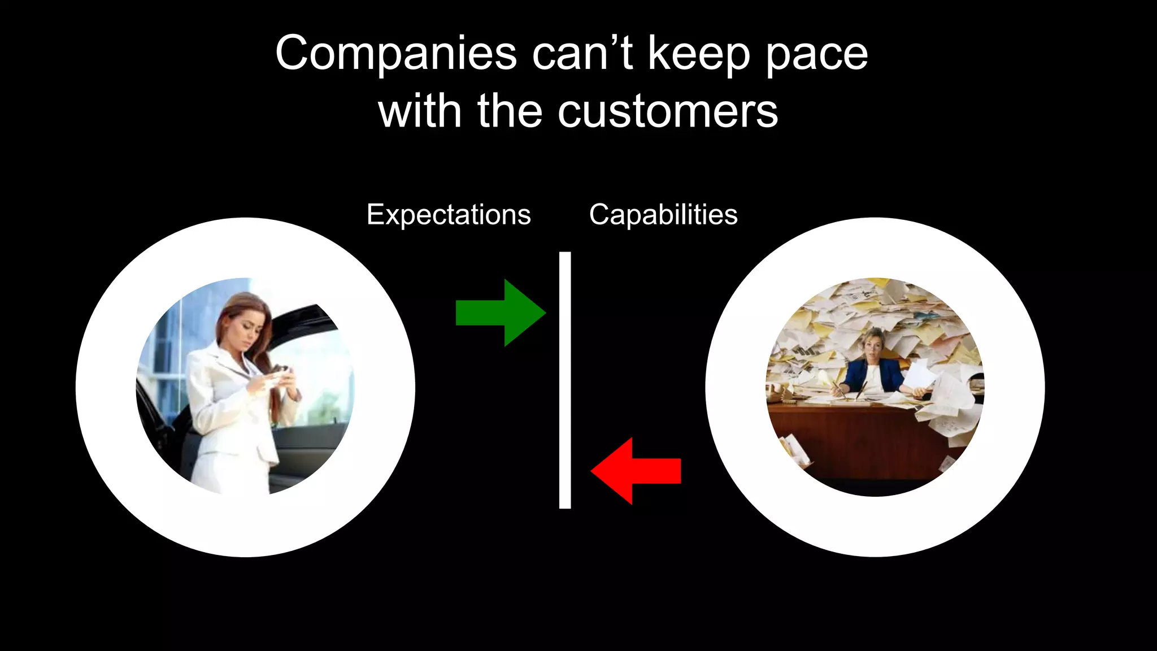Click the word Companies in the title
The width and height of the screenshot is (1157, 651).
(395, 54)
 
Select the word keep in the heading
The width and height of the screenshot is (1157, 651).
(699, 54)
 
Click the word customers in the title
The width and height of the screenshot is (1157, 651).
(668, 111)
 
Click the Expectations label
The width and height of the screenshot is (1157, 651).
(449, 215)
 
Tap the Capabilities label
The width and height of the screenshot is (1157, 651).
(663, 215)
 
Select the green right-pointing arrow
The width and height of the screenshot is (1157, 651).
(501, 313)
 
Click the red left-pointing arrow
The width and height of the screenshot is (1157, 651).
(636, 471)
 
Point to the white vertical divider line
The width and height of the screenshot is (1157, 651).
(565, 380)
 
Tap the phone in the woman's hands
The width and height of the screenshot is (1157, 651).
(281, 371)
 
